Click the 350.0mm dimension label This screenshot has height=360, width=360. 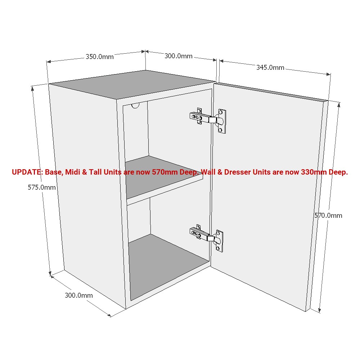(99, 57)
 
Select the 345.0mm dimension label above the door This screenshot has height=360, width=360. (270, 67)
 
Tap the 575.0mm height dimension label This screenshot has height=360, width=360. (42, 187)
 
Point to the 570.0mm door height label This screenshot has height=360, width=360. (328, 215)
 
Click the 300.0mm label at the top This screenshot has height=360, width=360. (179, 56)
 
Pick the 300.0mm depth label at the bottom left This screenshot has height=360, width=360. (78, 296)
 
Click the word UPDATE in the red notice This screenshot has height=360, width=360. (27, 172)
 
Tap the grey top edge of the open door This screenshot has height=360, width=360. (270, 91)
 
